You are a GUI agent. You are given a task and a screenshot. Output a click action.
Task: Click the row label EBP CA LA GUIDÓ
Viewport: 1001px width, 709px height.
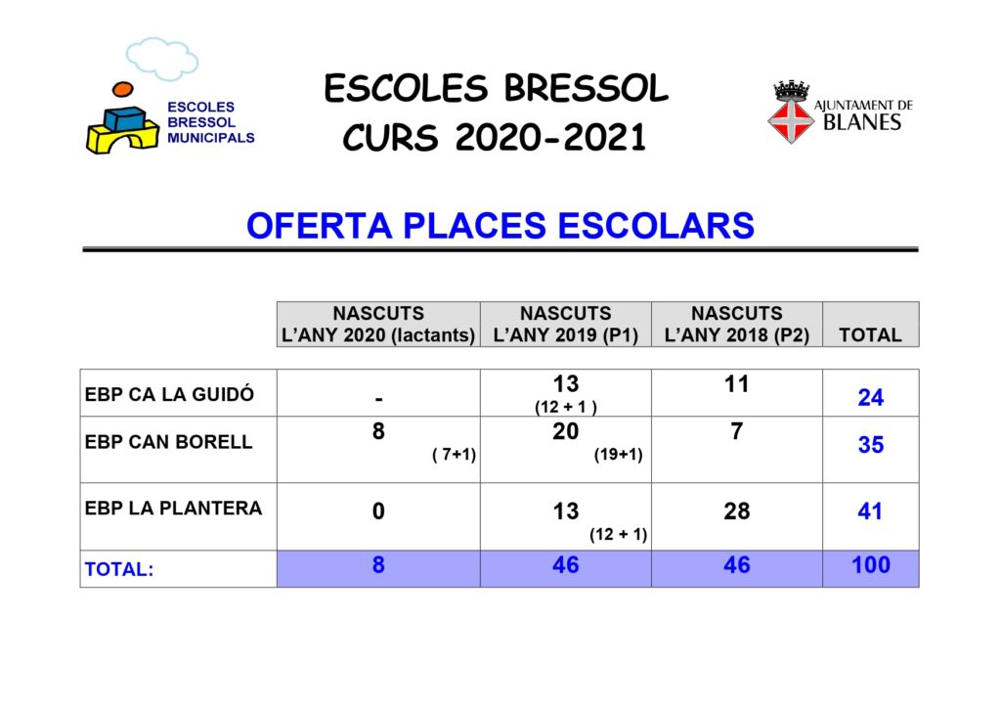[x=169, y=394]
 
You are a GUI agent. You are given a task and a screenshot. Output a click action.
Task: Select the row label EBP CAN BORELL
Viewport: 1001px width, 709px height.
[x=168, y=441]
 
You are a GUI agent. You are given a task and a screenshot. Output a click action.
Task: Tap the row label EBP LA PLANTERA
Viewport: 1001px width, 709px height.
[x=174, y=508]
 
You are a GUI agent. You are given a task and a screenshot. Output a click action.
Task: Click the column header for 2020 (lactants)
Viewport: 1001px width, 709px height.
[x=378, y=324]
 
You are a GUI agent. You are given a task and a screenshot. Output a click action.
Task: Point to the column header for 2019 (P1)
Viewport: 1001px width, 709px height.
[x=566, y=324]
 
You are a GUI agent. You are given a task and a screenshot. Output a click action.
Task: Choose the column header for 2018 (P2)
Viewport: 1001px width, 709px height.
[x=737, y=324]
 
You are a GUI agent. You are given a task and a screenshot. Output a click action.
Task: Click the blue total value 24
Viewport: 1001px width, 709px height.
[x=871, y=397]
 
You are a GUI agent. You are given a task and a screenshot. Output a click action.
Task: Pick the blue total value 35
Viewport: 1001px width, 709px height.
[x=871, y=445]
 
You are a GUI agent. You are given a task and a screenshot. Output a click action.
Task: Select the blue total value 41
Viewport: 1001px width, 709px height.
[x=870, y=511]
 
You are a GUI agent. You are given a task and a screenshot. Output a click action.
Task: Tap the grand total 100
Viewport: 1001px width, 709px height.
[x=871, y=564]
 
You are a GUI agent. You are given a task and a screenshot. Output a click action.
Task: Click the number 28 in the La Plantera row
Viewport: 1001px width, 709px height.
[x=737, y=511]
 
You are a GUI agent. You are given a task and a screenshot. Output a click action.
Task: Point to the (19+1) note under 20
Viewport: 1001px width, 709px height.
[x=618, y=455]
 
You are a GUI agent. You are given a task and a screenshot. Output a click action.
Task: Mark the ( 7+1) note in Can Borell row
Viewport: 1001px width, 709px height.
[x=454, y=455]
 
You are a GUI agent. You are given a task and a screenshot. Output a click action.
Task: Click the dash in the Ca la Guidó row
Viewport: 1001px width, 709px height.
[x=378, y=399]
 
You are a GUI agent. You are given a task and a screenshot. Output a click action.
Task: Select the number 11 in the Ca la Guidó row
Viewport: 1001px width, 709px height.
[x=737, y=384]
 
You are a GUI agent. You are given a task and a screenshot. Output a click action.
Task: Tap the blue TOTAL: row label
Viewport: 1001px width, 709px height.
[x=119, y=569]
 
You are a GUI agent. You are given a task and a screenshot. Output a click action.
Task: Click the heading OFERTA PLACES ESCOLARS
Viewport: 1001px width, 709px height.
[x=500, y=226]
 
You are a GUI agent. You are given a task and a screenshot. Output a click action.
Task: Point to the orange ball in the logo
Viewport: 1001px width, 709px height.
[x=122, y=89]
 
